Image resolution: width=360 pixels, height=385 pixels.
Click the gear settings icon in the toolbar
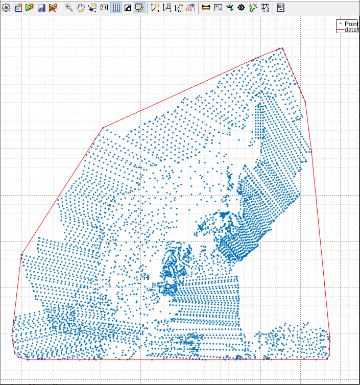tap(6, 8)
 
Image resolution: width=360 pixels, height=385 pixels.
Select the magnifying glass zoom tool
tap(69, 8)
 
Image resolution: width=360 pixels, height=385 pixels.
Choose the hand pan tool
tap(80, 8)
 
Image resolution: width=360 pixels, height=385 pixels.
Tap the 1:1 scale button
tap(104, 8)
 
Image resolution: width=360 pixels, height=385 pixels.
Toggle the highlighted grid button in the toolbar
tap(116, 8)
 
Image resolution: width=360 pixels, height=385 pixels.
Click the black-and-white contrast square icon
tap(128, 8)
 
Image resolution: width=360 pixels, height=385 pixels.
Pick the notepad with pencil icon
tap(139, 8)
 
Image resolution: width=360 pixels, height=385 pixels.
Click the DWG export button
tap(190, 8)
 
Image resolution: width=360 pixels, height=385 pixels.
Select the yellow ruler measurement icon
tap(206, 8)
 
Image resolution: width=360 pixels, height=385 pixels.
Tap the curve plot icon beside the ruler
tap(218, 8)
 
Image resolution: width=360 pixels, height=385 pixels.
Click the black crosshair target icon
tap(241, 8)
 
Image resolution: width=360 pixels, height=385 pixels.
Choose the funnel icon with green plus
tap(229, 8)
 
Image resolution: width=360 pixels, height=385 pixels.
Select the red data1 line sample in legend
tap(340, 30)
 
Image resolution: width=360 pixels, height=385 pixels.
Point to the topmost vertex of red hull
tap(282, 48)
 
